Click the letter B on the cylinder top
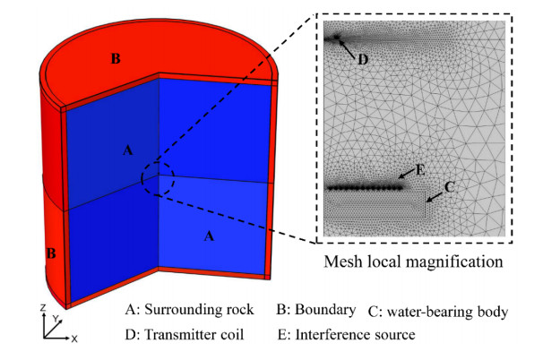pyautogui.click(x=116, y=58)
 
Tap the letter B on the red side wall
pyautogui.click(x=51, y=253)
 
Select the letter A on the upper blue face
pyautogui.click(x=128, y=150)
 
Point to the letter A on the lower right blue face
pyautogui.click(x=209, y=236)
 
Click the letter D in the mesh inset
pyautogui.click(x=363, y=60)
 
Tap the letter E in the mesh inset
pyautogui.click(x=420, y=170)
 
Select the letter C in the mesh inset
pyautogui.click(x=449, y=187)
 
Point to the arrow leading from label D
pyautogui.click(x=348, y=49)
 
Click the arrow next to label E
pyautogui.click(x=407, y=174)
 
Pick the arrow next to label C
pyautogui.click(x=435, y=197)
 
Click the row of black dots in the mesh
pyautogui.click(x=366, y=188)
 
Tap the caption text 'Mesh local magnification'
pyautogui.click(x=413, y=261)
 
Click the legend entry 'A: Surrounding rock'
pyautogui.click(x=189, y=310)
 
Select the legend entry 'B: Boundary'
pyautogui.click(x=316, y=310)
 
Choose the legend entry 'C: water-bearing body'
pyautogui.click(x=438, y=312)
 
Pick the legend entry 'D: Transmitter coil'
pyautogui.click(x=185, y=335)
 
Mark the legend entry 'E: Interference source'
pyautogui.click(x=346, y=335)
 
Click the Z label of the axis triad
pyautogui.click(x=43, y=307)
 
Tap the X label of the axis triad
pyautogui.click(x=74, y=339)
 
